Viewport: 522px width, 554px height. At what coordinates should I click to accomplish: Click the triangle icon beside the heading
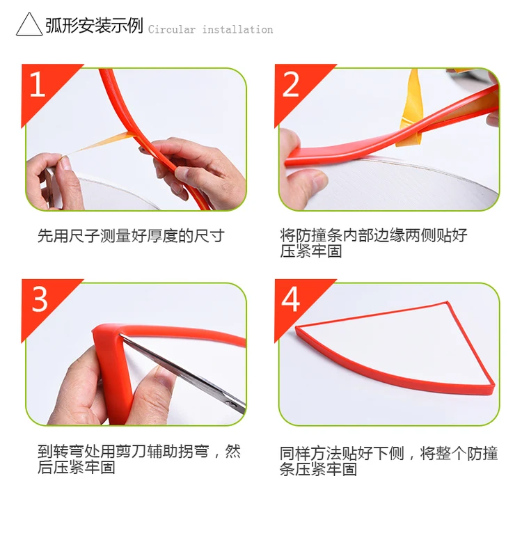click(29, 24)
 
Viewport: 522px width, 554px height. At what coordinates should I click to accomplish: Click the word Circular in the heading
click(171, 29)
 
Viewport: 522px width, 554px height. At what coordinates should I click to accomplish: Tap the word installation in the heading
click(237, 29)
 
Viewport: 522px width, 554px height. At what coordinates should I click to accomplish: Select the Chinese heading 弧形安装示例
click(94, 25)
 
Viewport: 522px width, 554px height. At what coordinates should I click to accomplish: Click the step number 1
click(38, 84)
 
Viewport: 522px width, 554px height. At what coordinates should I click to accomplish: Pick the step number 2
click(290, 84)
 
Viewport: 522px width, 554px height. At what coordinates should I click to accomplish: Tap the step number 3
click(39, 299)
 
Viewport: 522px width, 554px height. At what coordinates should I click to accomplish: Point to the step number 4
click(290, 299)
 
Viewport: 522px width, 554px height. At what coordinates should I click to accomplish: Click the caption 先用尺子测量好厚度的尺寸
click(131, 236)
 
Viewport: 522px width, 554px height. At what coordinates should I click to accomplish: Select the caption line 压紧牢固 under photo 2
click(311, 251)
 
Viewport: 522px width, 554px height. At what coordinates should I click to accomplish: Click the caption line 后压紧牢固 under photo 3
click(77, 467)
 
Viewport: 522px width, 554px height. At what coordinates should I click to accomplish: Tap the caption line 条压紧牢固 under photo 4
click(318, 469)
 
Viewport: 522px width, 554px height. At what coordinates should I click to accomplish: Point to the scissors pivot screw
click(230, 403)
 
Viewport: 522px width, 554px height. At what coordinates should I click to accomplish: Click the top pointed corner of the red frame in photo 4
click(448, 302)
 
